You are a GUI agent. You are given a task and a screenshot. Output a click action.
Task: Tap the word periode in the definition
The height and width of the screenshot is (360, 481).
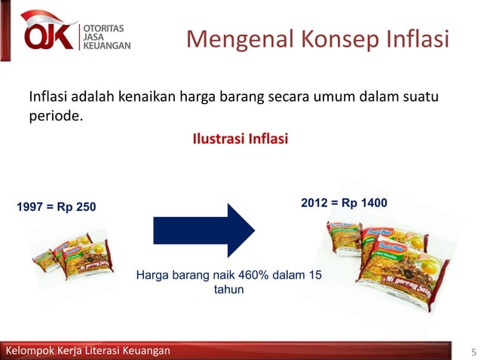coord(54,117)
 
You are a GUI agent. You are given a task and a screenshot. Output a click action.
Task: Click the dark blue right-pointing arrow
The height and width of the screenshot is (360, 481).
coord(204,230)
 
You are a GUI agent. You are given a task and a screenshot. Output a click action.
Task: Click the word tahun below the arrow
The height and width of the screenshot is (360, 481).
coord(229,288)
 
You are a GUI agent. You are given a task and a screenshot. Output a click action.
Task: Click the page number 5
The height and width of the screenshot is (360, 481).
coord(473,352)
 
